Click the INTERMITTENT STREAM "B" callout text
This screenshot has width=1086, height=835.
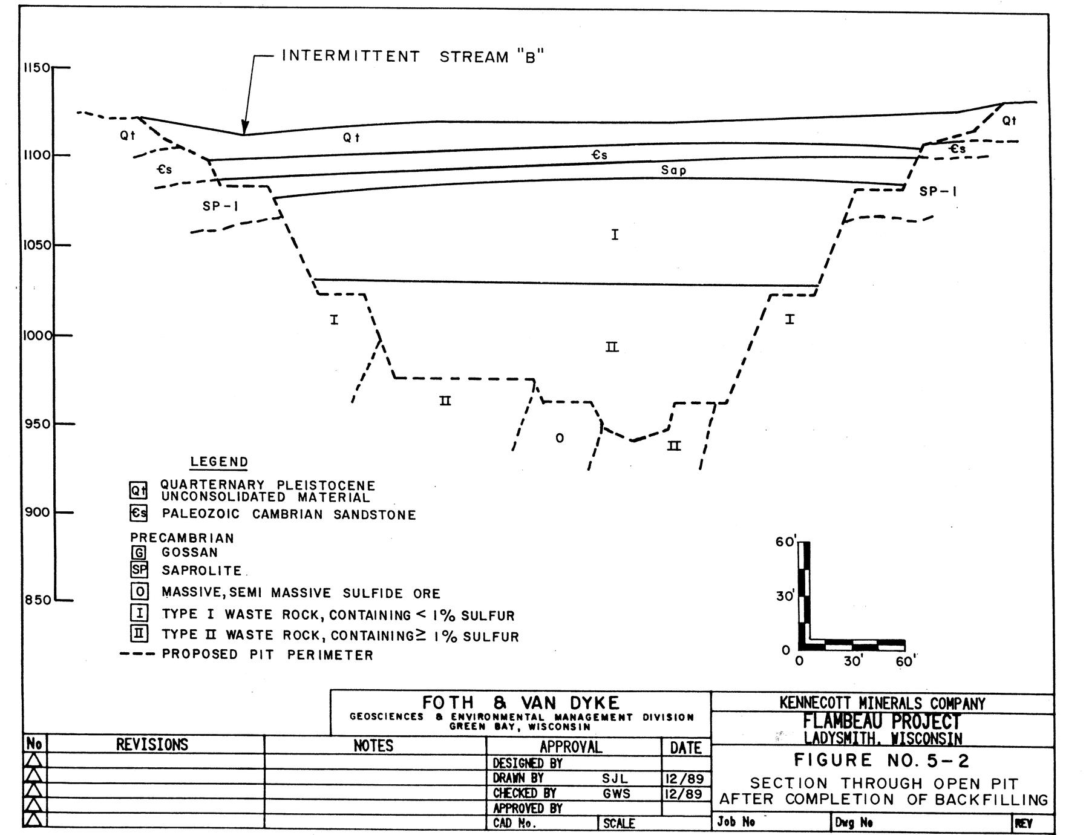pyautogui.click(x=413, y=57)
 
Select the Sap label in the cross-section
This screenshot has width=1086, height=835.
pyautogui.click(x=673, y=171)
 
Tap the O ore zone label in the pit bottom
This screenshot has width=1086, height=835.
pyautogui.click(x=560, y=438)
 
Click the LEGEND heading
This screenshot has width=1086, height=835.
pyautogui.click(x=219, y=462)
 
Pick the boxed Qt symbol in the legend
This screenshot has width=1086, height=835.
pyautogui.click(x=139, y=490)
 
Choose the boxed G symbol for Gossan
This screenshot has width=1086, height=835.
pyautogui.click(x=139, y=552)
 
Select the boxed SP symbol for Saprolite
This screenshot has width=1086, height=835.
pyautogui.click(x=139, y=570)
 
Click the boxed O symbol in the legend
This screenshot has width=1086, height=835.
pyautogui.click(x=139, y=592)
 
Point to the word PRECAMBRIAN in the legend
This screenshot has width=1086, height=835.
pyautogui.click(x=182, y=538)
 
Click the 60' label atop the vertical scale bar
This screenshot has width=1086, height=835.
pyautogui.click(x=785, y=542)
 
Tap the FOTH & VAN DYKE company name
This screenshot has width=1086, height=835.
pyautogui.click(x=520, y=703)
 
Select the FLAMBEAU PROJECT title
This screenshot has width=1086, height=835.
pyautogui.click(x=882, y=721)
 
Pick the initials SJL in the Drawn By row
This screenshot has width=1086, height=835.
pyautogui.click(x=615, y=779)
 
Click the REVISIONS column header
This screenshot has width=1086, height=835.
pyautogui.click(x=152, y=744)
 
